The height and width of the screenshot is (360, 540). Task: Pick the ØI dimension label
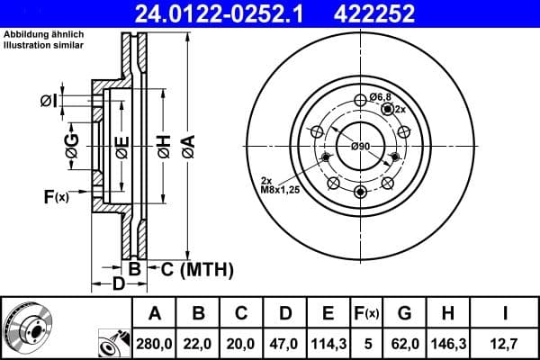(49, 100)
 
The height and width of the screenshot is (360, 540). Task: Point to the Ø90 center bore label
(361, 146)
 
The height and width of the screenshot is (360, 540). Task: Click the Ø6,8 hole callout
(381, 96)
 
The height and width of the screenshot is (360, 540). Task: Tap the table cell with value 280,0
(155, 342)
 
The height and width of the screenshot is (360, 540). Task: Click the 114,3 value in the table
(328, 342)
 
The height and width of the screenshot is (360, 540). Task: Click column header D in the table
(284, 313)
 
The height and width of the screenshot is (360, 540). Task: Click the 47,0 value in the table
(284, 342)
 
